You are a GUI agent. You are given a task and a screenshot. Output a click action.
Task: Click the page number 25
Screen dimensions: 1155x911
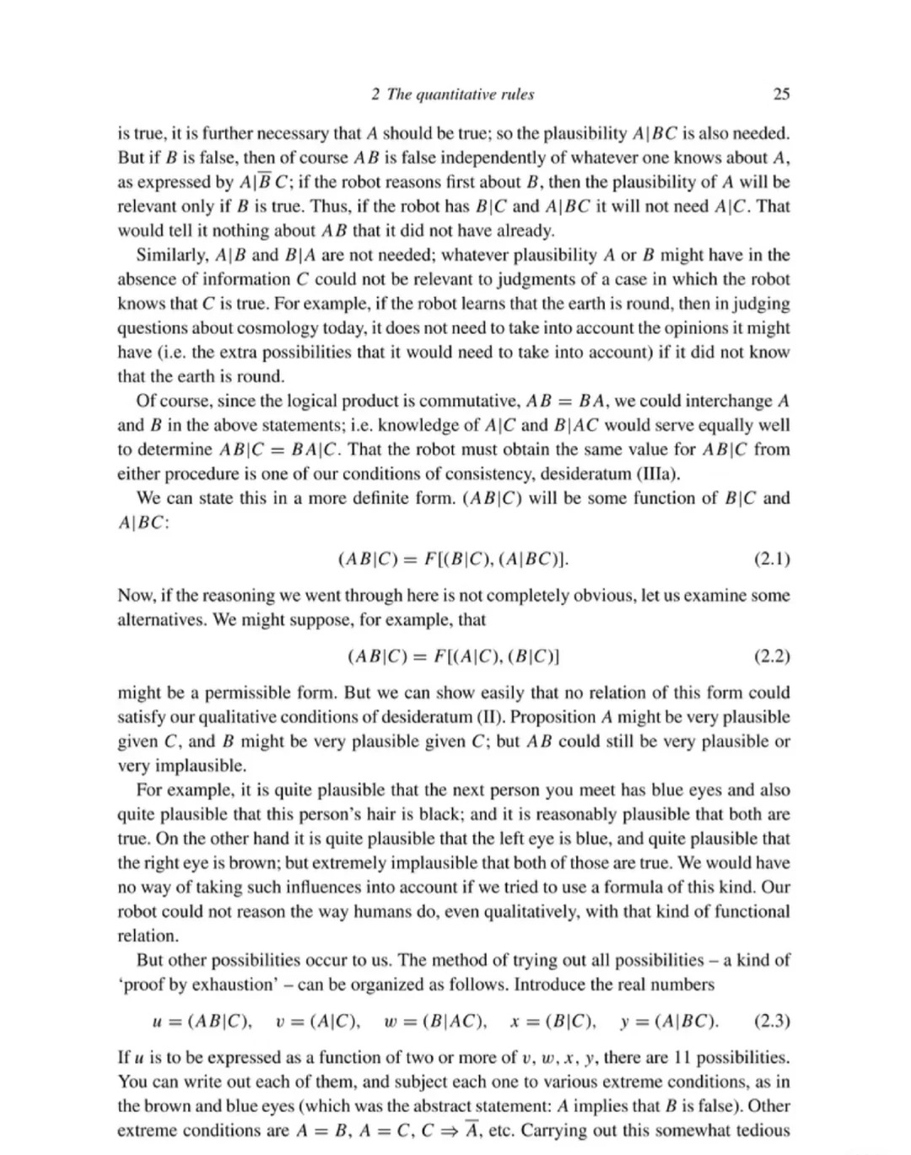781,94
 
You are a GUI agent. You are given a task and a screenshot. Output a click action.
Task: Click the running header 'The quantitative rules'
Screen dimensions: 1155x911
460,94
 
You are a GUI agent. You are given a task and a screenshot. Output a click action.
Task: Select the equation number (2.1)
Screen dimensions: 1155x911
771,559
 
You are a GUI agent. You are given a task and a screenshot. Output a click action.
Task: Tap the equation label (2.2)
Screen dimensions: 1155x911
771,656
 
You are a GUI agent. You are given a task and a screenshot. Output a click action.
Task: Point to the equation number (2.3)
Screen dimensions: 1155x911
771,1021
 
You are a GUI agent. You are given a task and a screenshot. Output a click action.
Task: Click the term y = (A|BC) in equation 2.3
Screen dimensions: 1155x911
669,1021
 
